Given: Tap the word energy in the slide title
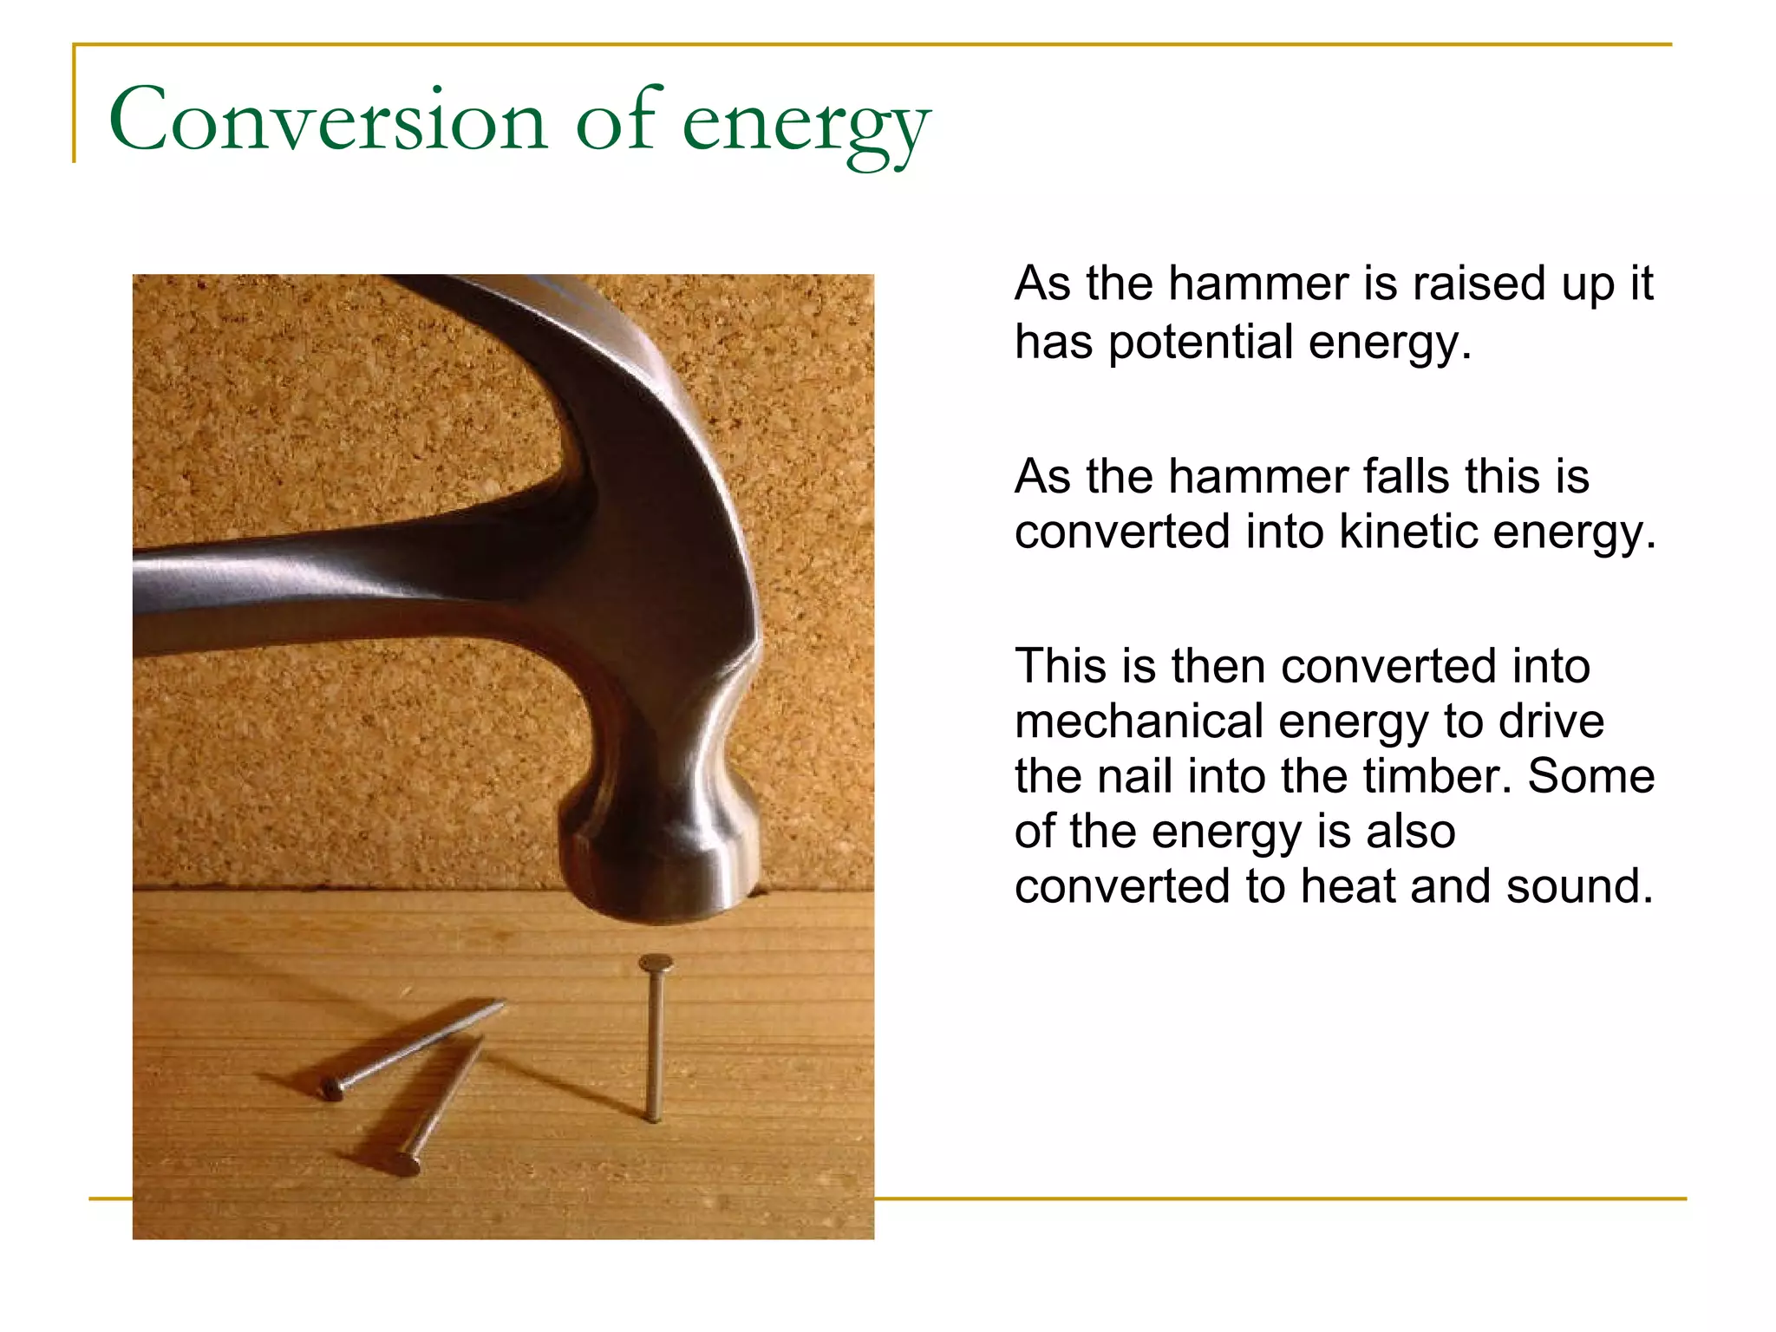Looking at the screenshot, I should pyautogui.click(x=806, y=126).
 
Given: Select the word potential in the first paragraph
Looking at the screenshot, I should pyautogui.click(x=1201, y=342).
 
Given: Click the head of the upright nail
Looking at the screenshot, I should pyautogui.click(x=656, y=963).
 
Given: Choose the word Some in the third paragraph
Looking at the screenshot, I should pyautogui.click(x=1590, y=776).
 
